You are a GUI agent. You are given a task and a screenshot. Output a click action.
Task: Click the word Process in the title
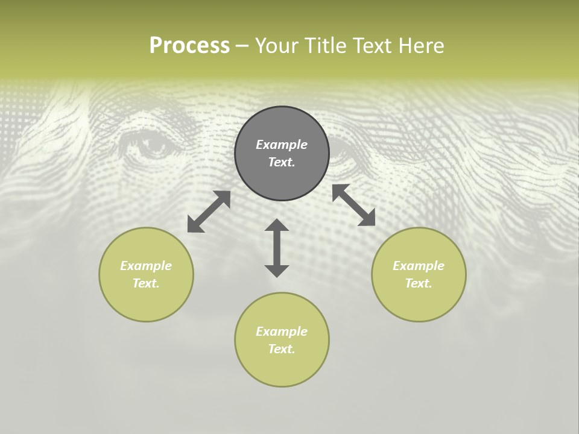coord(189,46)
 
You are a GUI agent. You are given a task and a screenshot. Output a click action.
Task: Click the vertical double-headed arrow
coord(277,248)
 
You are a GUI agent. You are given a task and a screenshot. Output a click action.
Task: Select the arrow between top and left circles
coord(209,212)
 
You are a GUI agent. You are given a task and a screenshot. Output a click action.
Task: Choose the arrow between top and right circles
coord(353,205)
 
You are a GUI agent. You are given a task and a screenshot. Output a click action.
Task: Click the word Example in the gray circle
coord(282,145)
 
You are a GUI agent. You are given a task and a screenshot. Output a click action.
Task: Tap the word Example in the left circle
coord(146,266)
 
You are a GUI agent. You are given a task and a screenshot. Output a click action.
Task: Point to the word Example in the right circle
coord(419,266)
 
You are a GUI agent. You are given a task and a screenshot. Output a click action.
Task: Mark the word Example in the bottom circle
coord(282,332)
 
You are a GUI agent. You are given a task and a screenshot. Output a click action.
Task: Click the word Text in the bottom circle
coord(282,349)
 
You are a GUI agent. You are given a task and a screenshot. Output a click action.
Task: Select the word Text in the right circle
coord(419,283)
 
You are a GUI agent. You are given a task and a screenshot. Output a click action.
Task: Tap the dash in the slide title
coord(242,46)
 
